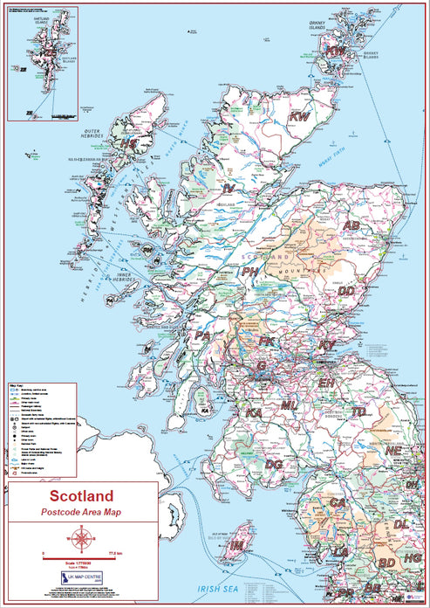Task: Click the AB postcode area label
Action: pos(352,225)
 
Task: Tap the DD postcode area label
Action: pos(347,291)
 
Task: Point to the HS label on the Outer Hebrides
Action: pos(129,142)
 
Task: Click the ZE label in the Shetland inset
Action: pos(49,52)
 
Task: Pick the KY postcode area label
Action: pos(327,346)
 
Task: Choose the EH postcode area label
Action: pos(326,383)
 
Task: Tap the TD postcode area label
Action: pos(358,411)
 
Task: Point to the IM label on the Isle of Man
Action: pos(236,544)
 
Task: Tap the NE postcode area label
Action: pos(394,452)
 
